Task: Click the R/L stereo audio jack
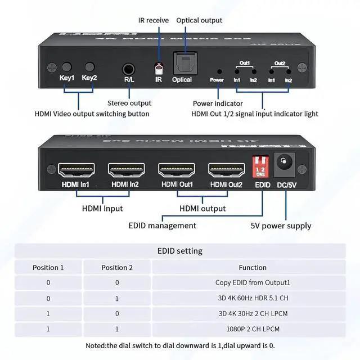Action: coord(129,70)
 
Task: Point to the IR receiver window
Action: coord(159,69)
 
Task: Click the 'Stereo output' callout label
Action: coord(129,103)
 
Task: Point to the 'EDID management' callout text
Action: coord(163,226)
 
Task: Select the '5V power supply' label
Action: coord(281,226)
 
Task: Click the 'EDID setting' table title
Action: coord(180,251)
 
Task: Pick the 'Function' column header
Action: coord(252,267)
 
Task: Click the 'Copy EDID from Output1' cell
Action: coord(252,282)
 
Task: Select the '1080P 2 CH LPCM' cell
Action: coord(252,328)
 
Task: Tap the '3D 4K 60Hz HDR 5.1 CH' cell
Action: coord(252,298)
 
